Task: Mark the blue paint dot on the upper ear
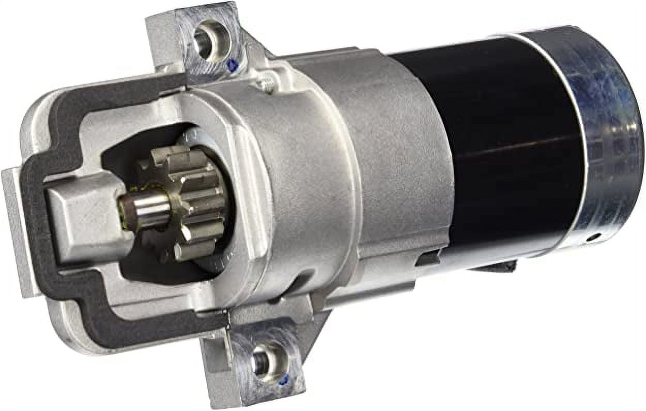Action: pos(233,65)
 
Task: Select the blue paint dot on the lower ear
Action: pos(283,381)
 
